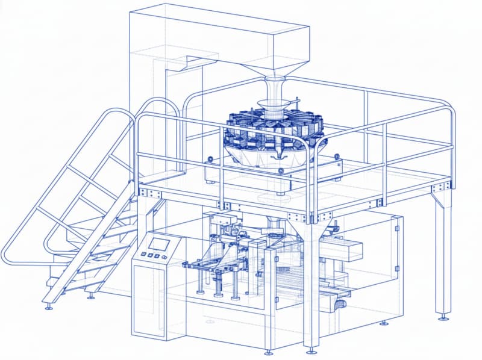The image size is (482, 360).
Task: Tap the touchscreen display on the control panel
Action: pos(160,244)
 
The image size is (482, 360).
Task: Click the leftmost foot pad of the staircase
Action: pos(49,307)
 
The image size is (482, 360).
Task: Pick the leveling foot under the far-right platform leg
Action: pos(443,317)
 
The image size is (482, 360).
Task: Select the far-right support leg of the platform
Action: pos(442,253)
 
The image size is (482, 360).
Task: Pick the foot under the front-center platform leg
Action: pos(310,349)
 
